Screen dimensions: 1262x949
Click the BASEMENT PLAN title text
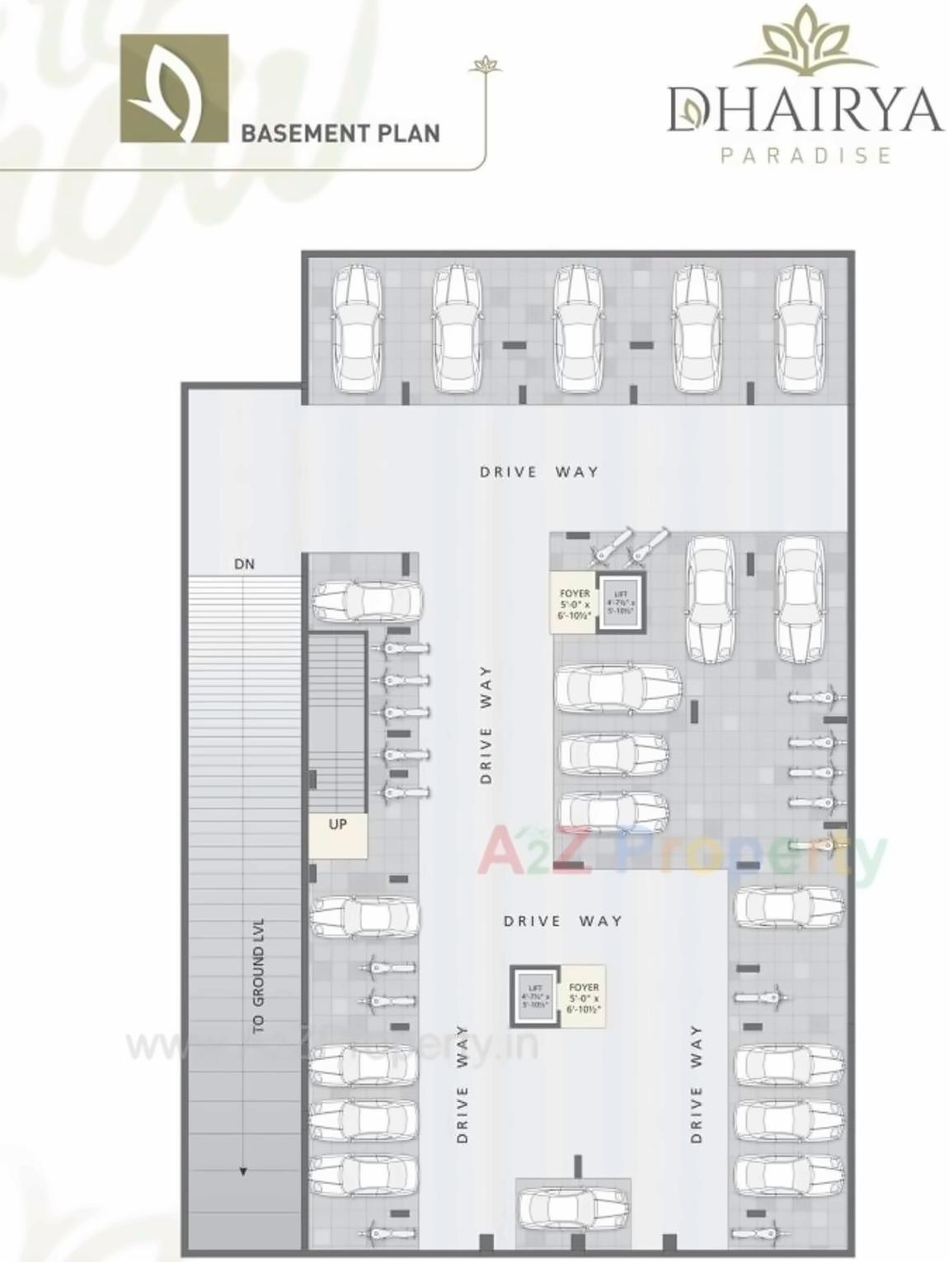click(340, 134)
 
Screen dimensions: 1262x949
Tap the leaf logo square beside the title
click(174, 88)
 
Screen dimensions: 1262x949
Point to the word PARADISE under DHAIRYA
click(806, 155)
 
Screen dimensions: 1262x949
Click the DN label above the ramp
click(244, 565)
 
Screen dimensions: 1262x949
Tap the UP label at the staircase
click(338, 824)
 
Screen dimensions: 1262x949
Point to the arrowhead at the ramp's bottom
click(243, 1171)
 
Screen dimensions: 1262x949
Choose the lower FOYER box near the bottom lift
click(584, 997)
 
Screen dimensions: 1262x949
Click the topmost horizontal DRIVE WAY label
click(539, 472)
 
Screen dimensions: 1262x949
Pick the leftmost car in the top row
click(357, 329)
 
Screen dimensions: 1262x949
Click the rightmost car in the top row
click(800, 329)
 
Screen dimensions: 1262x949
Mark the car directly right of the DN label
click(366, 601)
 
